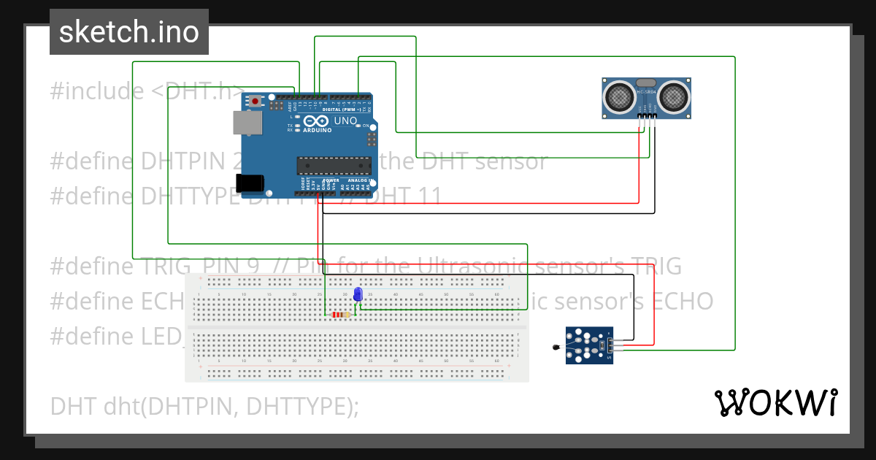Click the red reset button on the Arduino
point(255,100)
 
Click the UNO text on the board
point(345,120)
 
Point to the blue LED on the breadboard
point(358,294)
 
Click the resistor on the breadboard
point(340,315)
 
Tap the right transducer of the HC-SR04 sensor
point(675,96)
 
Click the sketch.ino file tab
point(129,32)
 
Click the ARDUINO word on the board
point(316,130)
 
